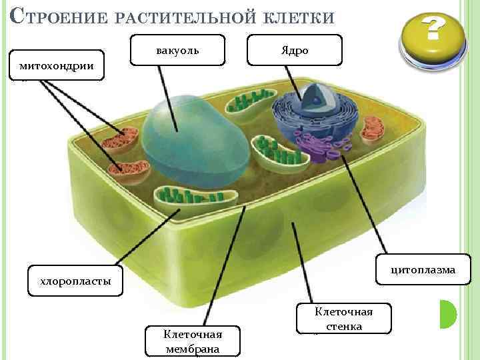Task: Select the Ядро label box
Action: click(294, 51)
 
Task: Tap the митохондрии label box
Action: click(57, 65)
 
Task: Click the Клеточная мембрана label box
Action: click(193, 341)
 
